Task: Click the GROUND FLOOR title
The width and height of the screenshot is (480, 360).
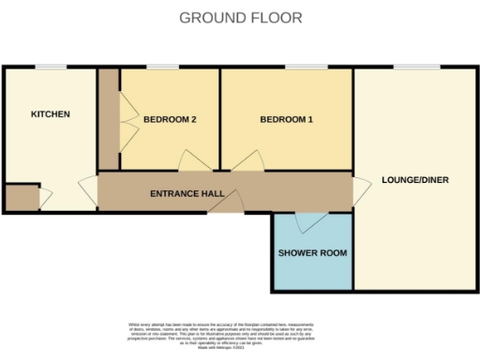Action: tap(240, 18)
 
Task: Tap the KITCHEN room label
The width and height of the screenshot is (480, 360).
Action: tap(51, 114)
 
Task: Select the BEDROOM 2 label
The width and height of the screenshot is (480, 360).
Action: tap(170, 119)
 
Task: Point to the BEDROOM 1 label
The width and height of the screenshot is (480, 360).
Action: tap(287, 119)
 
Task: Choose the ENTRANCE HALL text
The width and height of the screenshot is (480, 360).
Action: tap(187, 194)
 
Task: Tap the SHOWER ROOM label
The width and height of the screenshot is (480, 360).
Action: tap(313, 253)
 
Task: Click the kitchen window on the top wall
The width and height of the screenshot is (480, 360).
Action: tap(51, 67)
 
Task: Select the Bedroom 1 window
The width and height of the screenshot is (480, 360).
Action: tap(300, 67)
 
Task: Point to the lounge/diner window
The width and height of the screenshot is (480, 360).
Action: tap(418, 67)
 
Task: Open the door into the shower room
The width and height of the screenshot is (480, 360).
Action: tap(306, 223)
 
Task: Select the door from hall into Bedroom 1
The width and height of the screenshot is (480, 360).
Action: tap(245, 163)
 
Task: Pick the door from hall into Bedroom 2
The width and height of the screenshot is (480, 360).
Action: tap(194, 162)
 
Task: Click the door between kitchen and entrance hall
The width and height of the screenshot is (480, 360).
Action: tap(87, 191)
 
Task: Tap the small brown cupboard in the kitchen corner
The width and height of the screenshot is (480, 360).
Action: tap(19, 198)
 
